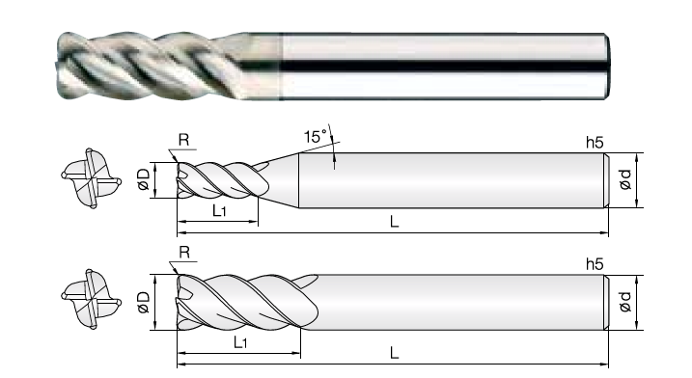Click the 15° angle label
point(316,136)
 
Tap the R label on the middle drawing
point(183,140)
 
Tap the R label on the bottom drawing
point(184,253)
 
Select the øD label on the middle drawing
point(144,179)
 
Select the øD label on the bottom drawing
point(144,302)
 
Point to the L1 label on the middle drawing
point(219,211)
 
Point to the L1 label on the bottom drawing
point(240,341)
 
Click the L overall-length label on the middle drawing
point(394,221)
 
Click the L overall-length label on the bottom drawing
point(394,353)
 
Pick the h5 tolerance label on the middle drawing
point(595,143)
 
